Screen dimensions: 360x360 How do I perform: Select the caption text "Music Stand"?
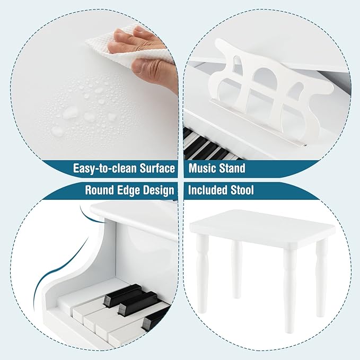(x=217, y=169)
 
